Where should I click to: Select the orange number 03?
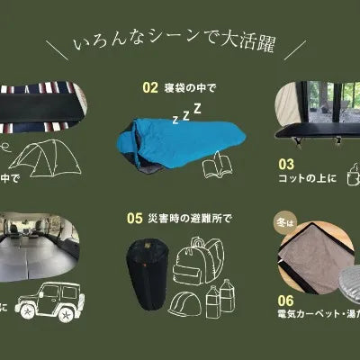(x=285, y=165)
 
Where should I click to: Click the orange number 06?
(x=285, y=301)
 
